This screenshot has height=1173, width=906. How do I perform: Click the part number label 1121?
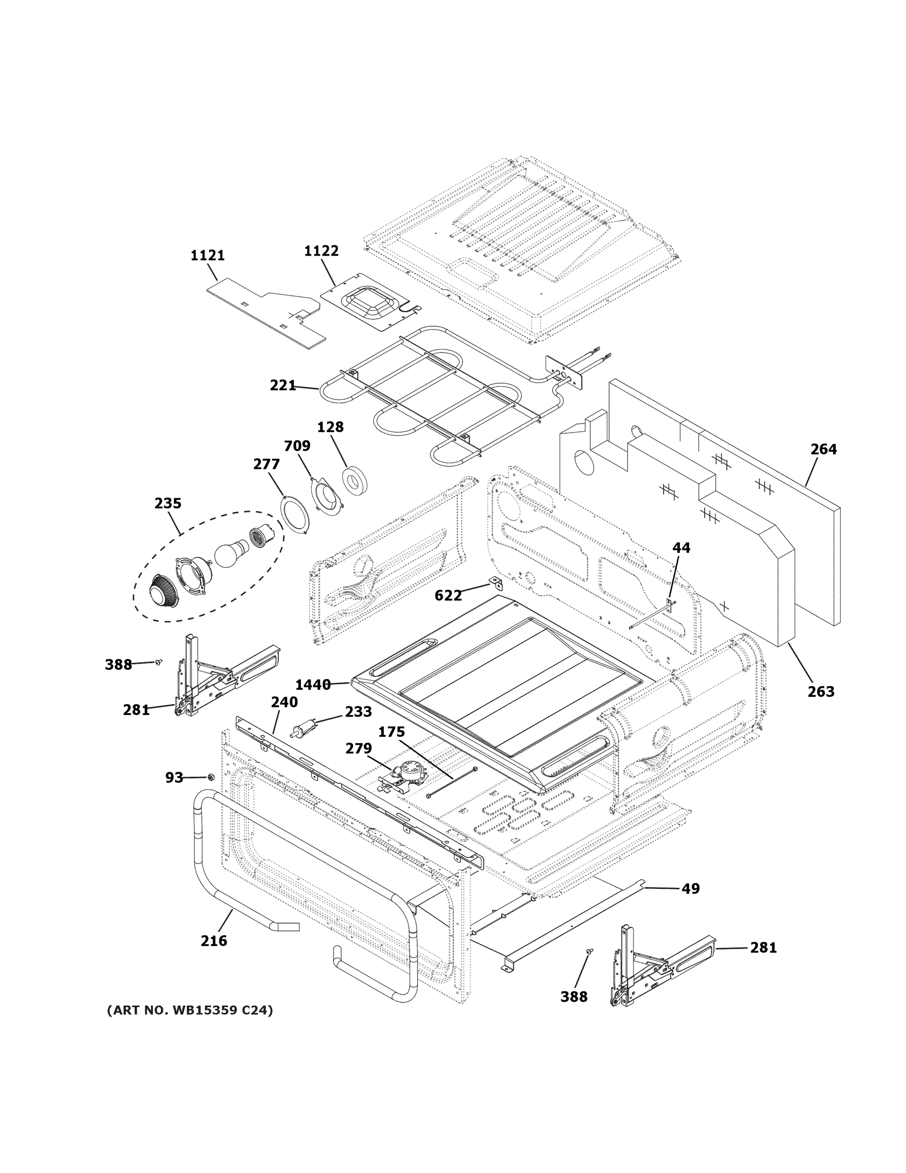tap(207, 256)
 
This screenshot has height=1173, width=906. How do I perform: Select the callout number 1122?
tap(321, 251)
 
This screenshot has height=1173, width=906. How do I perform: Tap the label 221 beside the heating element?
tap(282, 385)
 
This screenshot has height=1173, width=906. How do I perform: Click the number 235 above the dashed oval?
tap(168, 503)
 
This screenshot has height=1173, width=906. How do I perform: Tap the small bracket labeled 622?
tap(494, 582)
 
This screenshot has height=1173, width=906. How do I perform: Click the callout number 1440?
tap(313, 685)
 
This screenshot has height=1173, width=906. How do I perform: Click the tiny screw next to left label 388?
tap(158, 662)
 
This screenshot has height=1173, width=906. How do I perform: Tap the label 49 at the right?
tap(690, 889)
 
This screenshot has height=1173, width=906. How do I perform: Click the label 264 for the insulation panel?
tap(823, 449)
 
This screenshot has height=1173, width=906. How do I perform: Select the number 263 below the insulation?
tap(821, 692)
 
